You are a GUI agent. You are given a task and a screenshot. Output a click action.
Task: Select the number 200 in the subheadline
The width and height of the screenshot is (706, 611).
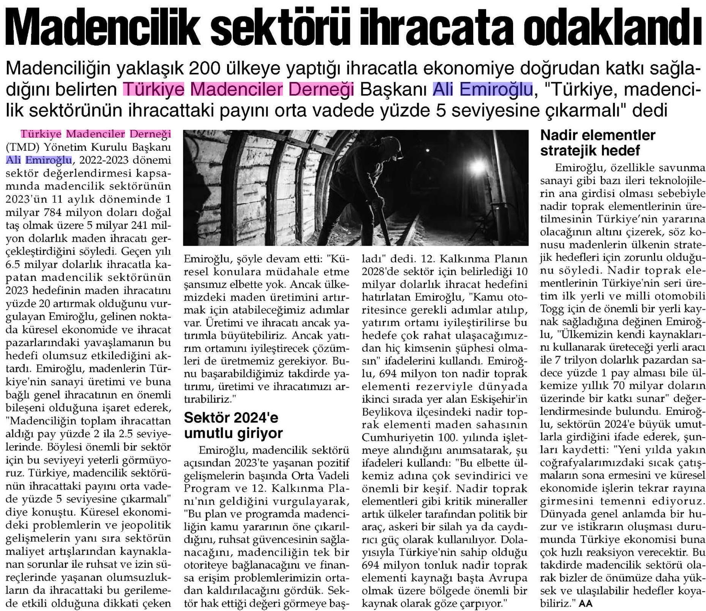tap(208, 70)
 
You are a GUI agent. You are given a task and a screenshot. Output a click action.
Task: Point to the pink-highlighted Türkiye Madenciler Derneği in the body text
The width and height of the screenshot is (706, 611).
tap(96, 134)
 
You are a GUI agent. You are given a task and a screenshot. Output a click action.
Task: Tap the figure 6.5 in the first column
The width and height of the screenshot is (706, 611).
tap(15, 265)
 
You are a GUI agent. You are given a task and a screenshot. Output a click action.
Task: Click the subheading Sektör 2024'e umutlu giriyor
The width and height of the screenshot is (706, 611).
tap(233, 425)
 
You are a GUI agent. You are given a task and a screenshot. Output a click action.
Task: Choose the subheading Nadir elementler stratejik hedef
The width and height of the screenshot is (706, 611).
tap(598, 142)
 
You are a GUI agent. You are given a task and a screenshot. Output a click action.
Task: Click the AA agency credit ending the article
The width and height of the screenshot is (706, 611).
tap(586, 603)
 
